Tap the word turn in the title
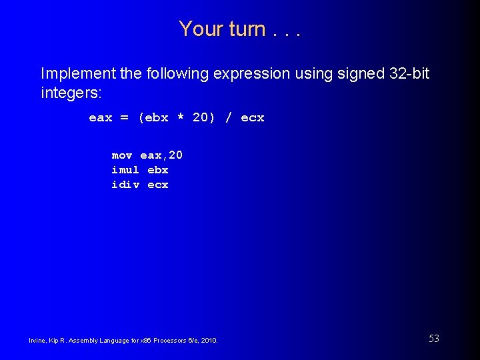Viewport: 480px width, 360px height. [x=247, y=29]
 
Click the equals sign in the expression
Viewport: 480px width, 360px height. [x=125, y=118]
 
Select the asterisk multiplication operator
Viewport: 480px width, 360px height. [x=180, y=118]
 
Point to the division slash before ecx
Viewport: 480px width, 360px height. [x=229, y=118]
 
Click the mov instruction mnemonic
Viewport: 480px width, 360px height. [x=122, y=155]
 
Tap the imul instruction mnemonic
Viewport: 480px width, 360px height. [x=125, y=170]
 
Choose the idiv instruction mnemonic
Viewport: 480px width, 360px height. [x=125, y=185]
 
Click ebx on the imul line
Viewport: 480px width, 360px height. [x=158, y=170]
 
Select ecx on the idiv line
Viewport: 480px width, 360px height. [x=158, y=185]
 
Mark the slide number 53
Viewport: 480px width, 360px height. [x=434, y=339]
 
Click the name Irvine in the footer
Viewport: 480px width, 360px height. [x=37, y=341]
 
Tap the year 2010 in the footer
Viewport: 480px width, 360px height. [x=208, y=341]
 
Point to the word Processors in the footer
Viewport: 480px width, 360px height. [x=163, y=341]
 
